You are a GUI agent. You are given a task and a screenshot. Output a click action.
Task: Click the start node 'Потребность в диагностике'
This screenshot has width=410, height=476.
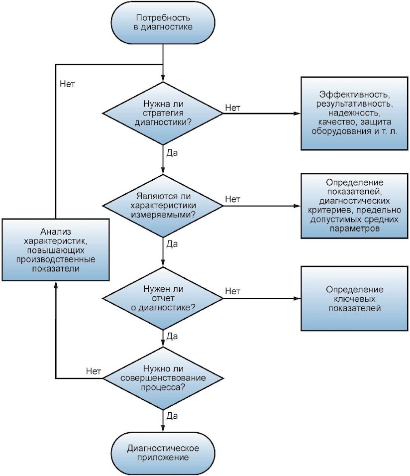pos(163,23)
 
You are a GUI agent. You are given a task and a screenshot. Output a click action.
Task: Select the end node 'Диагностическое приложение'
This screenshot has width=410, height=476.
pos(163,453)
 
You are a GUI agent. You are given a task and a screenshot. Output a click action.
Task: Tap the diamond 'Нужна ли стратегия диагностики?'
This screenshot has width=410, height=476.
pos(163,113)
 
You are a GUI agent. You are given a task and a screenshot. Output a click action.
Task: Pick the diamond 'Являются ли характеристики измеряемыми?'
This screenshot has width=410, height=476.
pos(163,206)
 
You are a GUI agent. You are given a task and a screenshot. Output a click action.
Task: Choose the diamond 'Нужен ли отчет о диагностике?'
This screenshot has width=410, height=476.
pos(163,298)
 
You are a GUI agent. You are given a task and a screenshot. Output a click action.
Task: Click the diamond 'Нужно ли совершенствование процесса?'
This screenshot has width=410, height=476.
pos(163,378)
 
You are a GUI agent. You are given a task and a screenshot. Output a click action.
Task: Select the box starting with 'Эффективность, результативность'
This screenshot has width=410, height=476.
pos(354,113)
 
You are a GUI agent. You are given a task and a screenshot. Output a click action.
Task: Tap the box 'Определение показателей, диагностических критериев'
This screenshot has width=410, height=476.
pos(354,206)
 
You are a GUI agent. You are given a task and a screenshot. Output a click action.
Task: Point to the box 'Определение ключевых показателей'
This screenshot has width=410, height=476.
pos(354,298)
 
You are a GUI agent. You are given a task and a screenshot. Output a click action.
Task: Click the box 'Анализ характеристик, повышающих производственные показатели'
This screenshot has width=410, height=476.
pos(56,250)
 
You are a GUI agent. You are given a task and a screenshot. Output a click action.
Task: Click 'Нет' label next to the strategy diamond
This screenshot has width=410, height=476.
pos(233,108)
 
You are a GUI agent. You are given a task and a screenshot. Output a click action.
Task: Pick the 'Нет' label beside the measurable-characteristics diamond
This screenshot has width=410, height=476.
pos(233,199)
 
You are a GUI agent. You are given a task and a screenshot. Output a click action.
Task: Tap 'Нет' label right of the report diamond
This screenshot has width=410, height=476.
pos(233,291)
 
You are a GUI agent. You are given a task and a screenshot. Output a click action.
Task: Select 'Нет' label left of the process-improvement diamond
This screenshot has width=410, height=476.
pos(94,371)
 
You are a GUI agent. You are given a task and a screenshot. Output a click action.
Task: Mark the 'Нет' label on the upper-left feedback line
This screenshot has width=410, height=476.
pos(67,84)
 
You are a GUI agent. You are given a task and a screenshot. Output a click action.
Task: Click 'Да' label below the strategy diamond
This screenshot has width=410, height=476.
pos(172,153)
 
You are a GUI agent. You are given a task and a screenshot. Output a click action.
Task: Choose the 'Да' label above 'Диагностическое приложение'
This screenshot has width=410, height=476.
pos(172,416)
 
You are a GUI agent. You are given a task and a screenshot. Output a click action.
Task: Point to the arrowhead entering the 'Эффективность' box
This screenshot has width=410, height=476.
pos(297,113)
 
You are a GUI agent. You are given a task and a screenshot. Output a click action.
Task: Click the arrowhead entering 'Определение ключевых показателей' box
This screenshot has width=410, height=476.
pos(297,298)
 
